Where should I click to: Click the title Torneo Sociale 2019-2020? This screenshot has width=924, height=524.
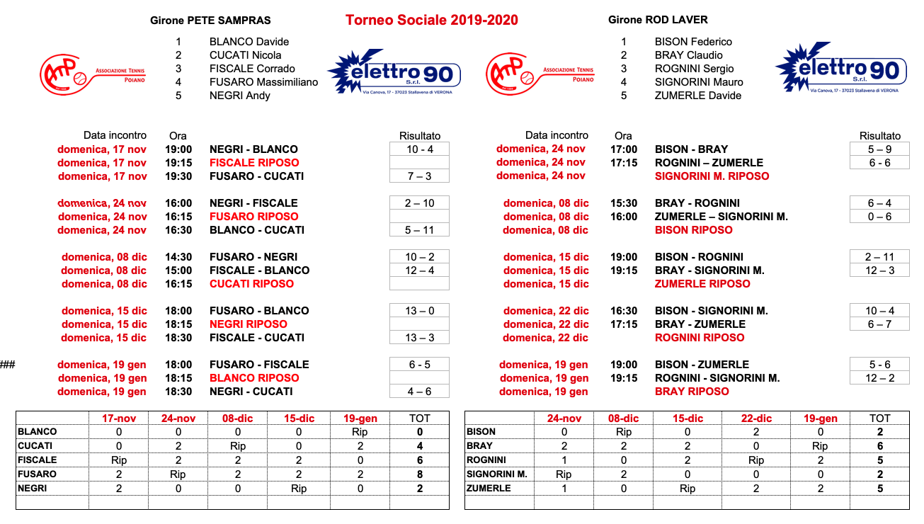click(431, 20)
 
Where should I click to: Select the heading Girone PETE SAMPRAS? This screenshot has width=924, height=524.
click(210, 21)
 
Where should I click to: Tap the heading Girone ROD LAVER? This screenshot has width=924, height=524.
click(658, 20)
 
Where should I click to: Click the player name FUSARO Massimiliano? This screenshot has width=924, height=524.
click(263, 82)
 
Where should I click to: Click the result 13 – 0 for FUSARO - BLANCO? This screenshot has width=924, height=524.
click(419, 311)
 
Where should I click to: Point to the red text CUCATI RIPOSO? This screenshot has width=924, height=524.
click(251, 284)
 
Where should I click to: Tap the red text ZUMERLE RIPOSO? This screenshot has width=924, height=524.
click(702, 284)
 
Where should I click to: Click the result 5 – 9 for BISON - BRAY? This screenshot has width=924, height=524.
click(879, 149)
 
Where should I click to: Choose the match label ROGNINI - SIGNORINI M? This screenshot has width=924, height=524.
click(717, 378)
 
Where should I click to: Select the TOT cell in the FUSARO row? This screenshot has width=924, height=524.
click(419, 474)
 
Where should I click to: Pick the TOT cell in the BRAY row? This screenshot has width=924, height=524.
click(879, 446)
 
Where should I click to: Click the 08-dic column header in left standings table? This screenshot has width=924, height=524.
click(239, 418)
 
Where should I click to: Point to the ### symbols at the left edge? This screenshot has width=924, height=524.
click(8, 365)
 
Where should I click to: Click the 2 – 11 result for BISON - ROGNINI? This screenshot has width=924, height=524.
click(879, 257)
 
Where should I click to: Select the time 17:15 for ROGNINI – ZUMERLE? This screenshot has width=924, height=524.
click(624, 163)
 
